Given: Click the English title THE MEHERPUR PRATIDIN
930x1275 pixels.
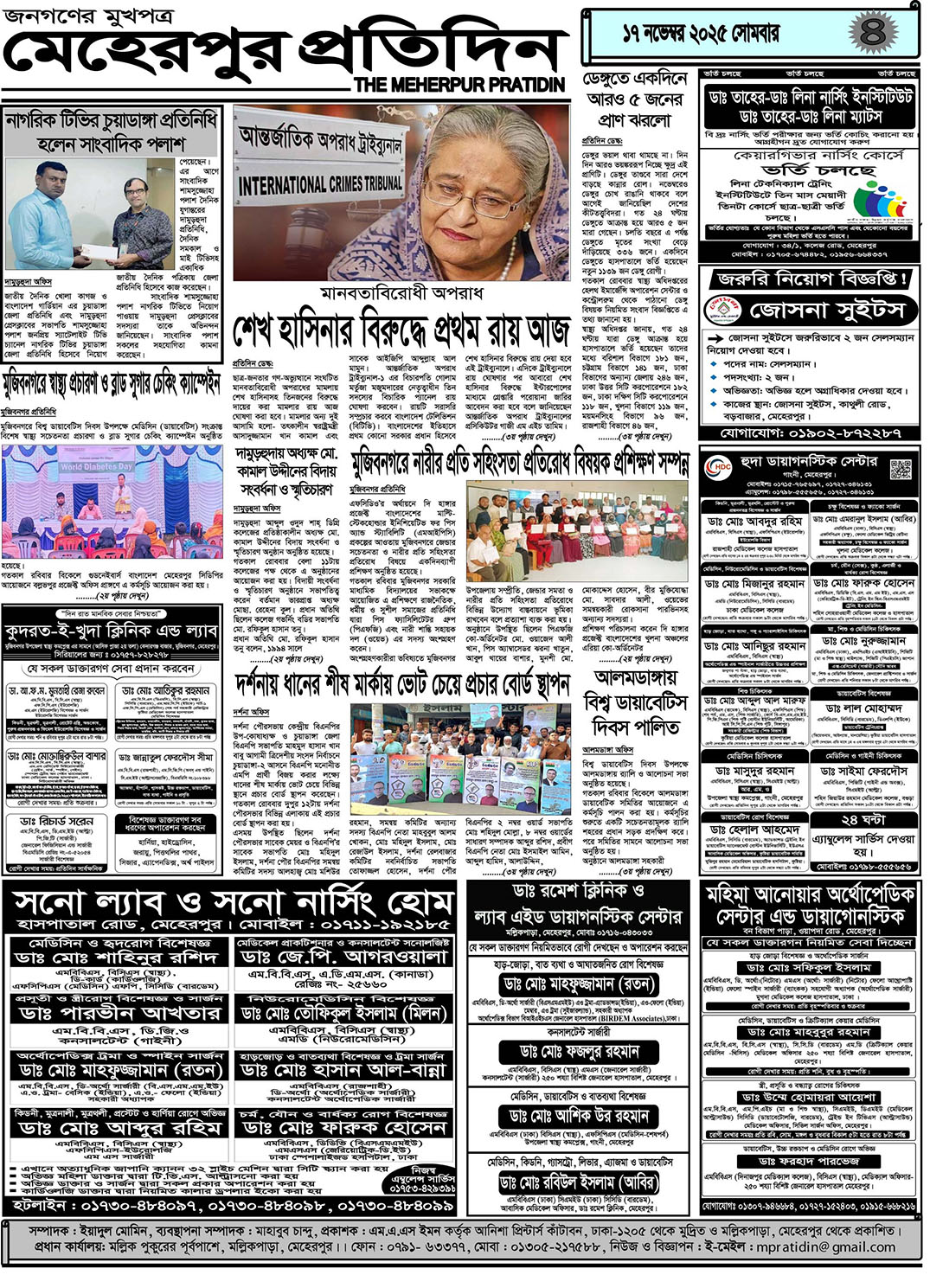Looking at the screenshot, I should (x=459, y=85).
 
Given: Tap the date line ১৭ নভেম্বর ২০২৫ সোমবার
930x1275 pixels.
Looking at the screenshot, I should (x=701, y=34).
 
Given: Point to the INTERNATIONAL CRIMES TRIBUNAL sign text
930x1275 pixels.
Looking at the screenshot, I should (x=320, y=184).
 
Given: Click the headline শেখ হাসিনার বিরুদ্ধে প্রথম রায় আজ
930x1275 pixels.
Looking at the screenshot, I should (x=401, y=330).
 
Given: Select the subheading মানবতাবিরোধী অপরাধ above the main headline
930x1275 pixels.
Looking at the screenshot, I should (x=401, y=292).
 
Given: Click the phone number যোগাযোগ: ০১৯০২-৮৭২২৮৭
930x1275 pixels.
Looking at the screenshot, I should (x=811, y=432).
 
